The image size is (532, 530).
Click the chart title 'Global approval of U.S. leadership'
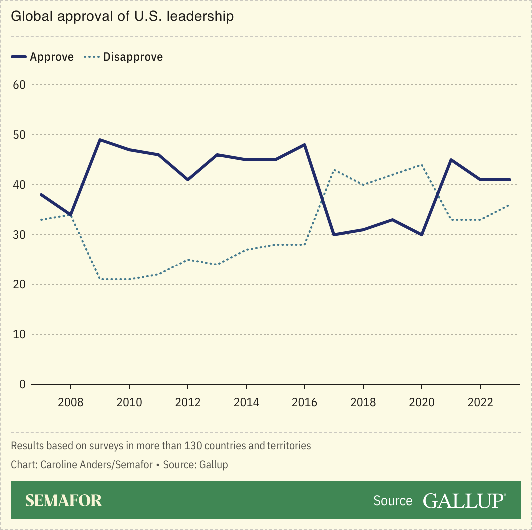point(122,16)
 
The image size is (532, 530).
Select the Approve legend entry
point(43,57)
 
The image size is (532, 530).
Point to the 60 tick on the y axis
point(19,85)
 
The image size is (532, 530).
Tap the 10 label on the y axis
point(19,334)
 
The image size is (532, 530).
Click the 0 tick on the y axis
point(22,384)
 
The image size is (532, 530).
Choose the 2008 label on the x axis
point(71,402)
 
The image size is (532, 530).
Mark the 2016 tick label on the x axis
point(304,402)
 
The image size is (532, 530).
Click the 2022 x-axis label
point(480,402)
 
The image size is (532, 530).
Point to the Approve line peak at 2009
point(100,140)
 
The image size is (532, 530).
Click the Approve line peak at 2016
point(304,145)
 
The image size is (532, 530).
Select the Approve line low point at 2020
point(422,235)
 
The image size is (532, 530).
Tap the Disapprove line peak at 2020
point(422,165)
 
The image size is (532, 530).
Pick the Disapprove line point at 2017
point(334,170)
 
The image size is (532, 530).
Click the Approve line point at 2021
point(451,160)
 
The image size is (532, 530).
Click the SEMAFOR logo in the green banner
point(63,500)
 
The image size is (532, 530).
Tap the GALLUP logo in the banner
point(464,500)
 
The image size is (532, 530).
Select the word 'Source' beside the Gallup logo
point(393,501)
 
